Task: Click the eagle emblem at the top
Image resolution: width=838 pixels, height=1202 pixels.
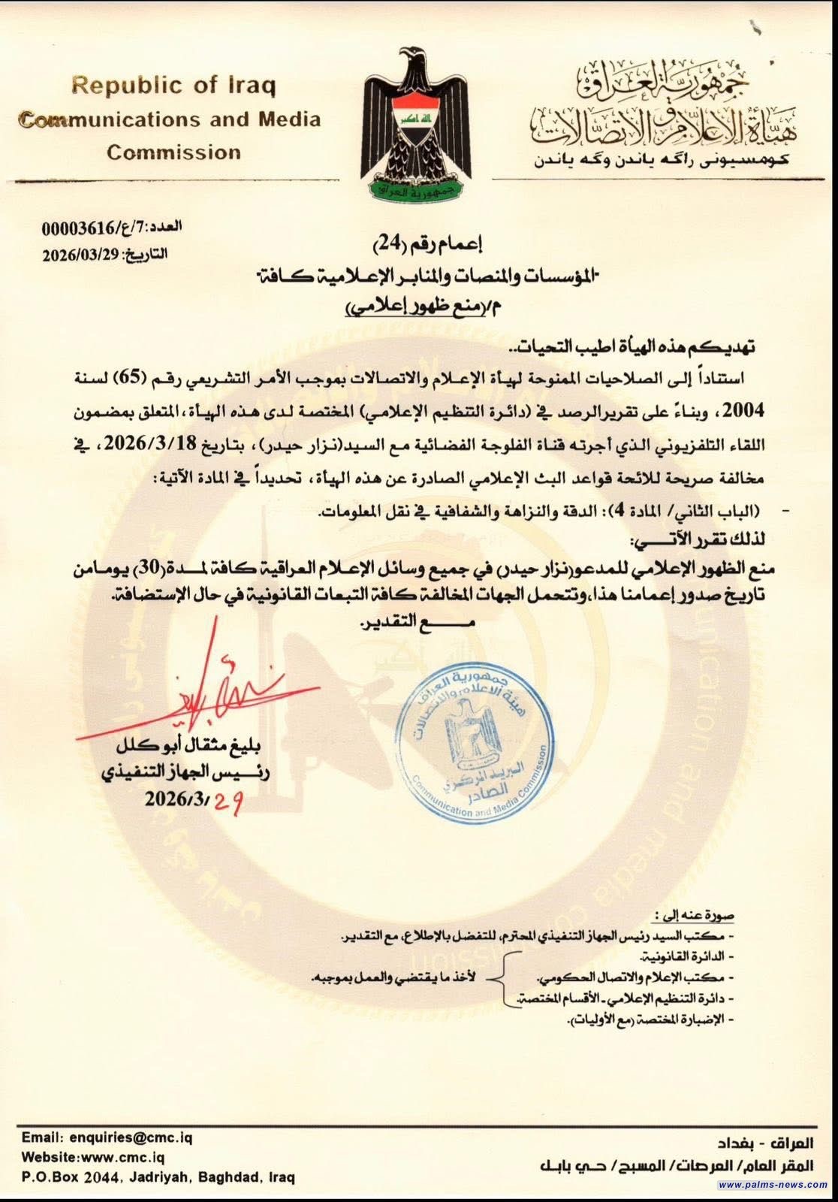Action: (x=419, y=124)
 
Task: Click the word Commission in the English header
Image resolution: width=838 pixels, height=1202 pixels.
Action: (x=173, y=153)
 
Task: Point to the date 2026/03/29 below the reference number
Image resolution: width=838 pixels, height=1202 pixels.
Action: (x=82, y=254)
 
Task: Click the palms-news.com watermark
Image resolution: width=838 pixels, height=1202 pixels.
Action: (x=773, y=1185)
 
